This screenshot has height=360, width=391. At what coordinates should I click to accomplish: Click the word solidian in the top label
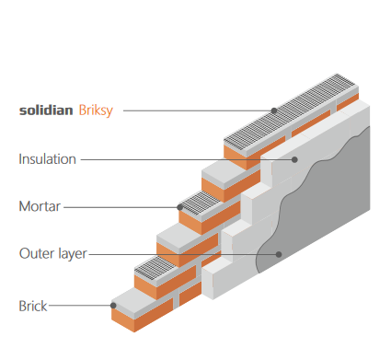pyautogui.click(x=45, y=110)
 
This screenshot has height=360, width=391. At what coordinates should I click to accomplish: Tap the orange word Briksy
pyautogui.click(x=97, y=110)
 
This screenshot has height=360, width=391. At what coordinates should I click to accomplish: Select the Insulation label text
pyautogui.click(x=47, y=159)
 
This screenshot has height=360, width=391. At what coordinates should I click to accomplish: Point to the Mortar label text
pyautogui.click(x=40, y=206)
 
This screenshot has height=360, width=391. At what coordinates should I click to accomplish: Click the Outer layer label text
pyautogui.click(x=52, y=253)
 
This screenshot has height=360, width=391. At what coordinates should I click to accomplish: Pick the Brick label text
pyautogui.click(x=32, y=305)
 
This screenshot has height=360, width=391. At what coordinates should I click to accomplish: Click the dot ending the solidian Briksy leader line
pyautogui.click(x=273, y=110)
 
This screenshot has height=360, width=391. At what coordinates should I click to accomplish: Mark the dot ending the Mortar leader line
pyautogui.click(x=178, y=206)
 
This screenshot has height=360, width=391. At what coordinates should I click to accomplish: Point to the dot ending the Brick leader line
pyautogui.click(x=113, y=305)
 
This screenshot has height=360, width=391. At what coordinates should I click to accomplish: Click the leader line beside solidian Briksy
pyautogui.click(x=198, y=110)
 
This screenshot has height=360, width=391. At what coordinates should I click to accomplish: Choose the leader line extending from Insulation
pyautogui.click(x=184, y=159)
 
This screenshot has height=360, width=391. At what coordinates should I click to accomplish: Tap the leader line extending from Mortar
pyautogui.click(x=120, y=206)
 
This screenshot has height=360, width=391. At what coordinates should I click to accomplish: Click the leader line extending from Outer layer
pyautogui.click(x=184, y=253)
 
